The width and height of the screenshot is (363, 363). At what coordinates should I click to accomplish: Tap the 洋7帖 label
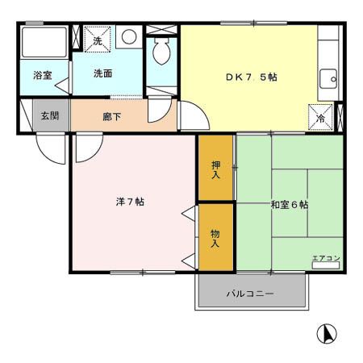pos(129,201)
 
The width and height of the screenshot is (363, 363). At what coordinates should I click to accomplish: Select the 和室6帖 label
pos(290,205)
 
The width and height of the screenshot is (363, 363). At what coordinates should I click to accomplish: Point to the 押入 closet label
pos(216,169)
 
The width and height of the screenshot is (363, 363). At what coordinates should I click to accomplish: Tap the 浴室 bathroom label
pos(43,75)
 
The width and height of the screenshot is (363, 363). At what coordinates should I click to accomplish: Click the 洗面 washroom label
pos(102,73)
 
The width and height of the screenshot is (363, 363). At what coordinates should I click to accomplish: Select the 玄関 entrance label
pos(50,115)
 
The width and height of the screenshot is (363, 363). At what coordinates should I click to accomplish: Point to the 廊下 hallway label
pos(112,116)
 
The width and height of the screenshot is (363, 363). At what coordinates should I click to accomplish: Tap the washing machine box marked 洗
pos(98,39)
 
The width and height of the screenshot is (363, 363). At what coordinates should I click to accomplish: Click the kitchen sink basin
pos(328,78)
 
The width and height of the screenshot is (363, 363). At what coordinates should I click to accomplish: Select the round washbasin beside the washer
pos(128,37)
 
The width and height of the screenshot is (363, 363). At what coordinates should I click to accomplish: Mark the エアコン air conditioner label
pos(326,258)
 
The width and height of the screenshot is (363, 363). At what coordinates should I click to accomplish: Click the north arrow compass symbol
pos(328,332)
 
